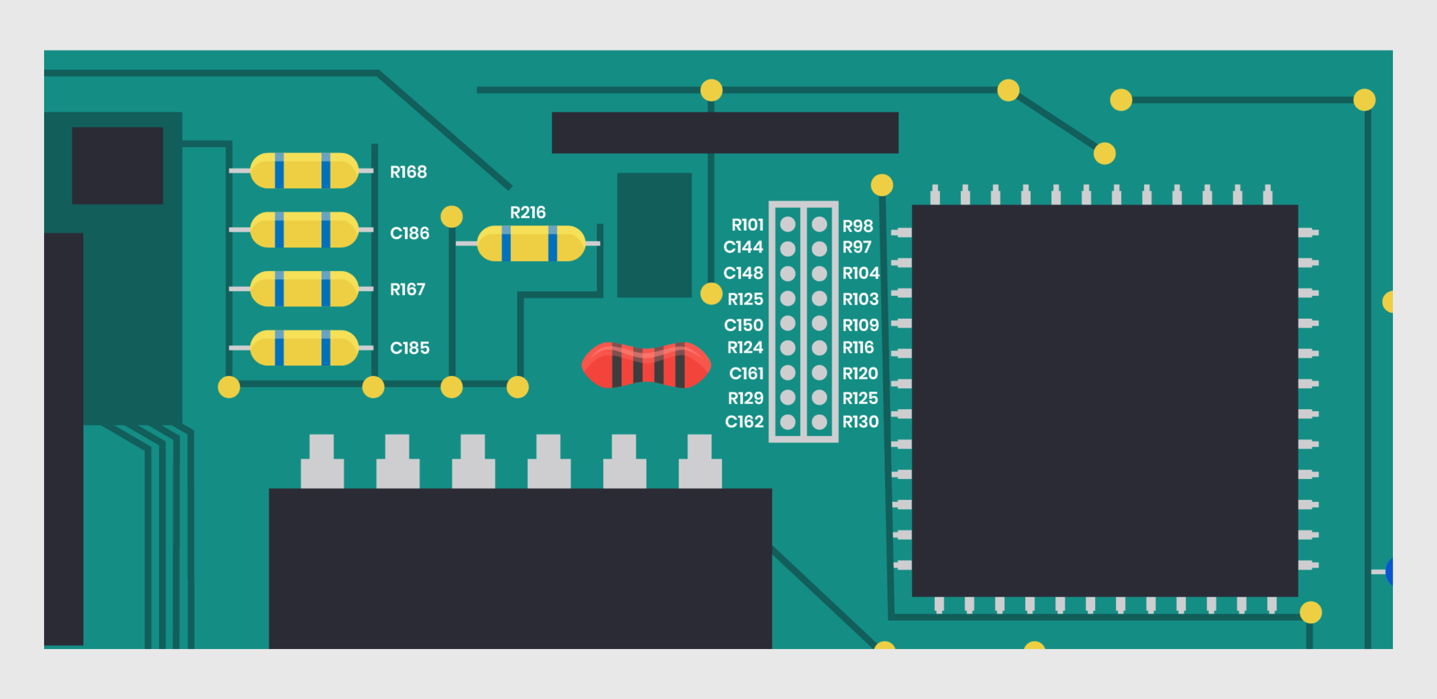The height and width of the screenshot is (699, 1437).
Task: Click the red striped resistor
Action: (x=646, y=365)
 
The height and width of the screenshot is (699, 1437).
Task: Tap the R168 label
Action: (x=408, y=172)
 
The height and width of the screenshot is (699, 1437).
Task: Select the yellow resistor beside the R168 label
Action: (x=304, y=170)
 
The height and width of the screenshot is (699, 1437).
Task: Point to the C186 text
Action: (x=410, y=233)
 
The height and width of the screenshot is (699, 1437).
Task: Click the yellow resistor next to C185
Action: (x=304, y=348)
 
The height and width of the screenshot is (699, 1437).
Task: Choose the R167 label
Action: (x=407, y=289)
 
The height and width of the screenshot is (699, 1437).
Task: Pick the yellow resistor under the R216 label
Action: (x=531, y=244)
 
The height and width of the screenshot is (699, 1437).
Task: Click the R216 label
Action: (x=528, y=213)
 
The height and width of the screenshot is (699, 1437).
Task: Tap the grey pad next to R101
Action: (x=788, y=224)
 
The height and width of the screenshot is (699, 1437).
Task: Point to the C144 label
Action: (x=743, y=247)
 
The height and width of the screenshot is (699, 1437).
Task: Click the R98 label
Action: (x=857, y=226)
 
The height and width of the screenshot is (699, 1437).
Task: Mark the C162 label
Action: (x=744, y=422)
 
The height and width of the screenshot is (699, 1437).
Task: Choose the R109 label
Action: (x=860, y=325)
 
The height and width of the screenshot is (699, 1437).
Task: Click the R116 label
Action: (x=858, y=348)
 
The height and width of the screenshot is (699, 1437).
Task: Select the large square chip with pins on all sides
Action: (x=1104, y=401)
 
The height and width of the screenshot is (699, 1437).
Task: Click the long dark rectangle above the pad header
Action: (x=725, y=133)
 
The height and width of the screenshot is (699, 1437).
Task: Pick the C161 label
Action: (x=746, y=373)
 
